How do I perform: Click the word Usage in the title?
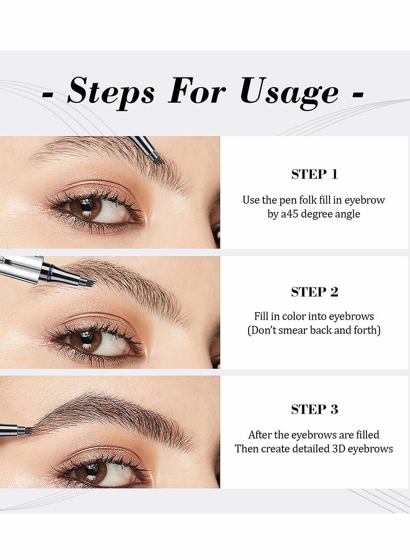tap(289, 92)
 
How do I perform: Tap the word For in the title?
tap(197, 92)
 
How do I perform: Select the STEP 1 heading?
tap(314, 174)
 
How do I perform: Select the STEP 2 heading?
tap(314, 292)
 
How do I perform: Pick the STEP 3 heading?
tap(314, 409)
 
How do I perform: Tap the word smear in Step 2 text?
tap(300, 330)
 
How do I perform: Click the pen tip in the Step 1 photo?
tap(156, 160)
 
